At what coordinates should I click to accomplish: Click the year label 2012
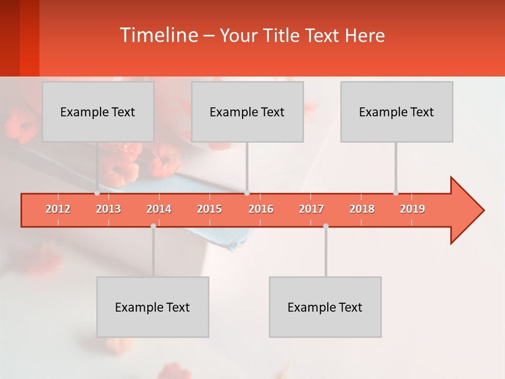coord(58,209)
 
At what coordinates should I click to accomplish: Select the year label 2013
coord(108,209)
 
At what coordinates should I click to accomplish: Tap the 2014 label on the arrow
coord(159,209)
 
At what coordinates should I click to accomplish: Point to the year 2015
coord(209,209)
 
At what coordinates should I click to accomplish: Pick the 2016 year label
coord(261,209)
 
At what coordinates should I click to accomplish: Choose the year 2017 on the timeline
coord(311,209)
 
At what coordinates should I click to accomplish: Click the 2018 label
coord(362,209)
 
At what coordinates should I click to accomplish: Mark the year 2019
coord(412,209)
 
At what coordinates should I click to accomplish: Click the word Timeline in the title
coord(158,35)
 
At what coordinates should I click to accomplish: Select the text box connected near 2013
coord(98,112)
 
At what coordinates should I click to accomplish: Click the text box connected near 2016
coord(247,112)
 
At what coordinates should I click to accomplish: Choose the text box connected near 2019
coord(397,112)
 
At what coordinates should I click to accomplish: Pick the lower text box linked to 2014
coord(153,307)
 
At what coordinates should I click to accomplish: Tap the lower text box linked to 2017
coord(325,307)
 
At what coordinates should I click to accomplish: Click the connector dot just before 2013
coord(97,193)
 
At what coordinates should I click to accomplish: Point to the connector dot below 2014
coord(153,226)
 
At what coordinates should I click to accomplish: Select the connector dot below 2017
coord(326,226)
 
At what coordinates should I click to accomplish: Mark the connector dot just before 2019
coord(396,193)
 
